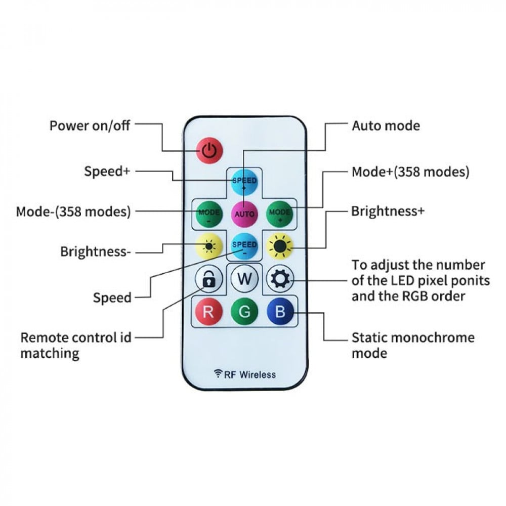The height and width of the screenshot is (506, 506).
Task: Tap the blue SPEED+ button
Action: tap(244, 183)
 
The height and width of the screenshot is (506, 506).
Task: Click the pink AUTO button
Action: tap(244, 214)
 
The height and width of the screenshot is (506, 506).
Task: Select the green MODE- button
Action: tap(208, 214)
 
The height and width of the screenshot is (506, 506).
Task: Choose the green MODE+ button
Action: tap(280, 214)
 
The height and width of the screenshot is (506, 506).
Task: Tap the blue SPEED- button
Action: tap(244, 246)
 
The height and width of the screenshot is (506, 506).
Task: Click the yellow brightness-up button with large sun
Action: tap(280, 246)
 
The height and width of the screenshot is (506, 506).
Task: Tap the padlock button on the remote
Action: tap(208, 279)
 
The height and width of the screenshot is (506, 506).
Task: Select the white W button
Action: tap(244, 279)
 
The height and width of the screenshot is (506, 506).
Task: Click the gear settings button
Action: tap(280, 279)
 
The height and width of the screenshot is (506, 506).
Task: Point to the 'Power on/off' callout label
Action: tap(90, 125)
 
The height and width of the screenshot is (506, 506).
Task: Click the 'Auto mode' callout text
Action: tap(386, 125)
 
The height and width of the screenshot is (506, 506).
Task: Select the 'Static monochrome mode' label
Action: tap(413, 345)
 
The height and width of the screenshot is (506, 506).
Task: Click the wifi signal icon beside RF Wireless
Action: tap(219, 374)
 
